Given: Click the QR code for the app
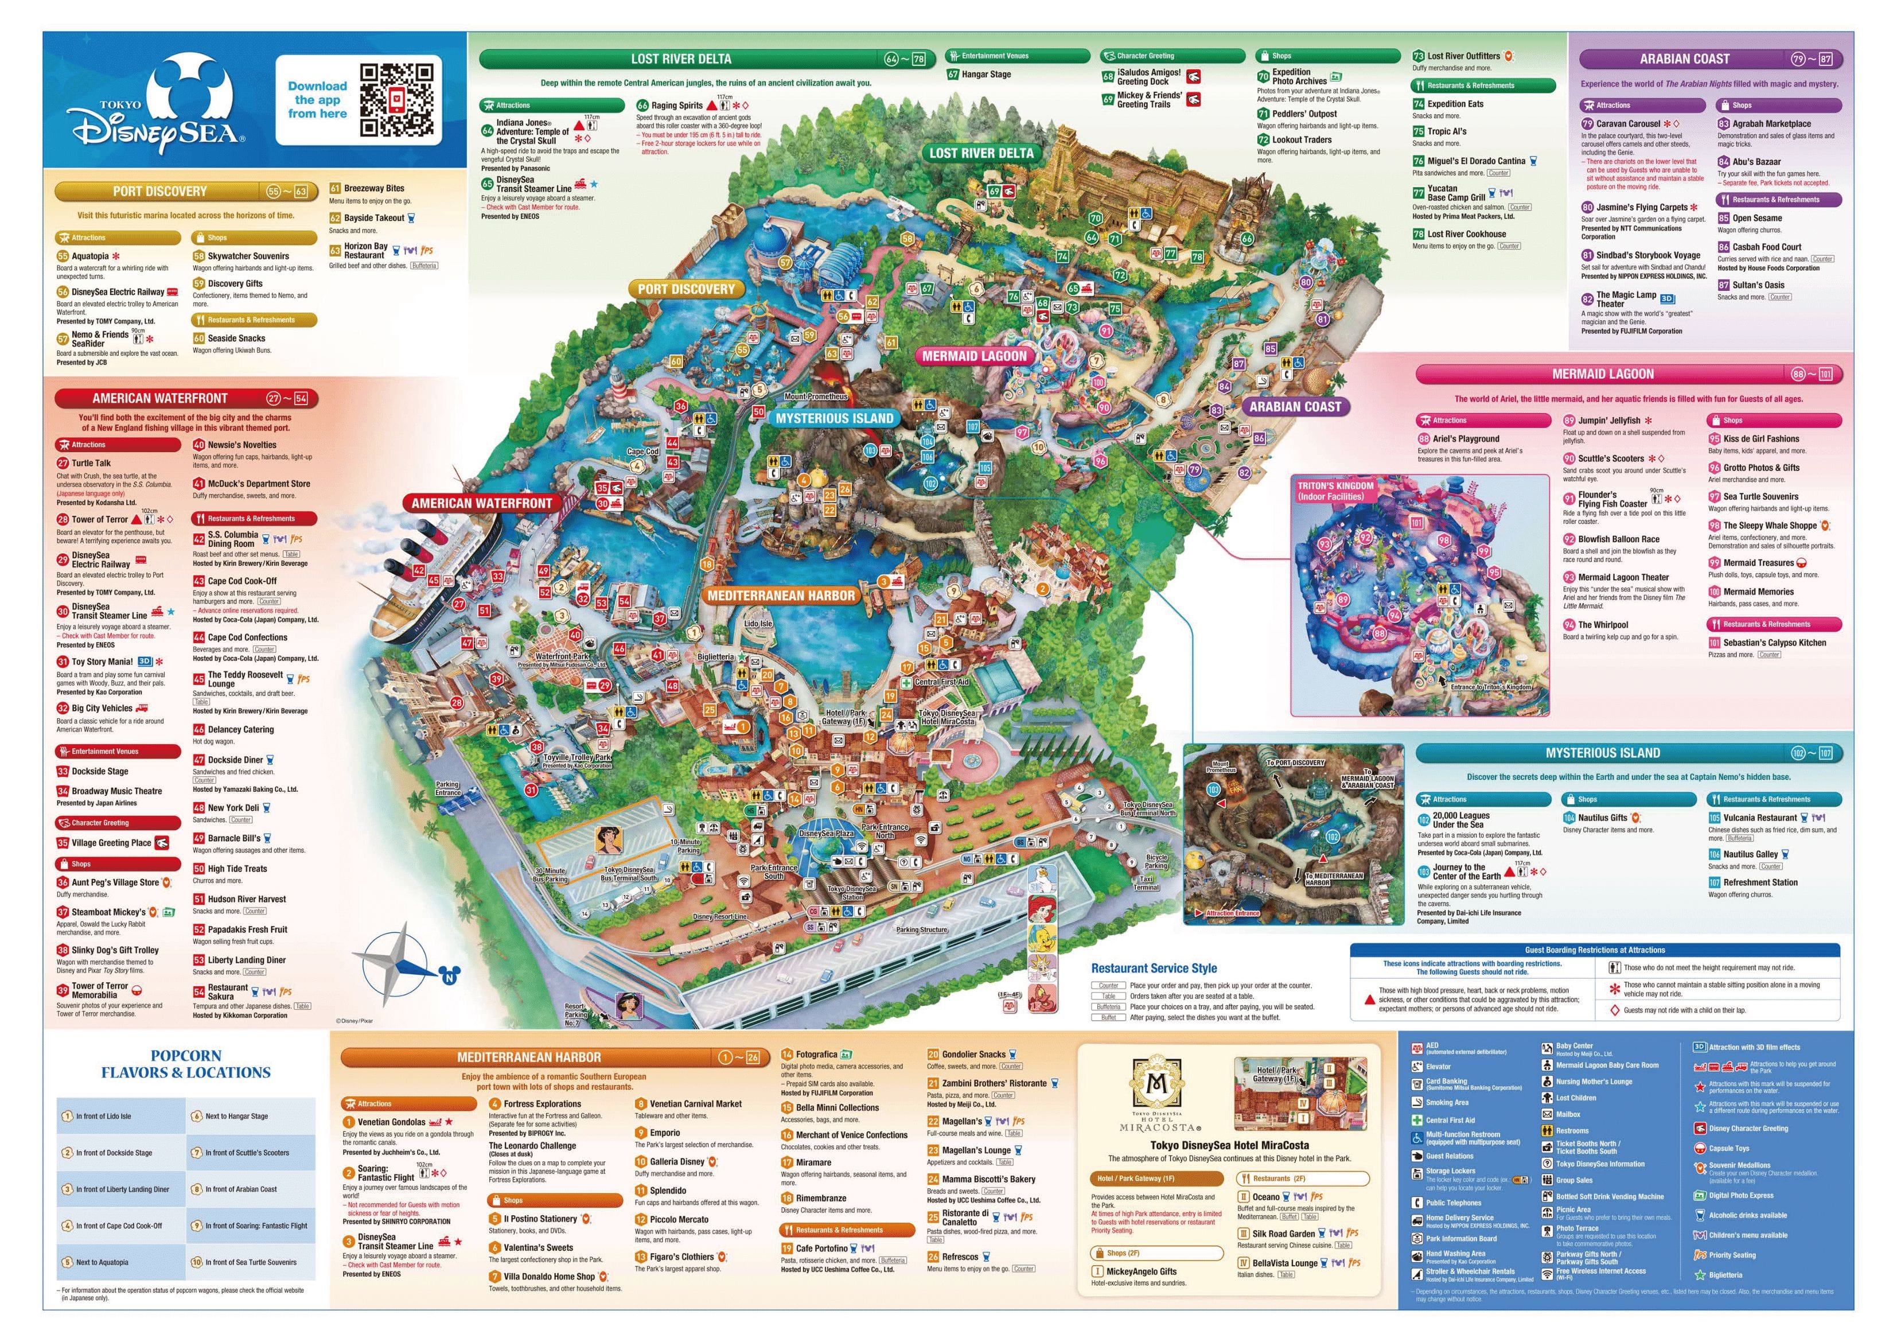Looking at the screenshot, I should pos(396,100).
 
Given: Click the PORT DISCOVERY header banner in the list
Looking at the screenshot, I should pos(160,191).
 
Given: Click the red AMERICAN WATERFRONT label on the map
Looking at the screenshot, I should pos(482,503).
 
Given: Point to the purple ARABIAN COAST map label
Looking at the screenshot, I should pos(1295,407).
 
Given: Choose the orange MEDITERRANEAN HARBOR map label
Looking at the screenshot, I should pos(781,595).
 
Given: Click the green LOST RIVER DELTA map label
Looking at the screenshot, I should pos(981,153).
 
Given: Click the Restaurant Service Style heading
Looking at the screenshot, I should pos(1154,968).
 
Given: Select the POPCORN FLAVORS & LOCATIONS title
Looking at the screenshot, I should pos(186,1064).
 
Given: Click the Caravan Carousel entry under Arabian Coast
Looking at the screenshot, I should pos(1627,123).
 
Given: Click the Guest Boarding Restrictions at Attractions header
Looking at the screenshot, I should pos(1595,950).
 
